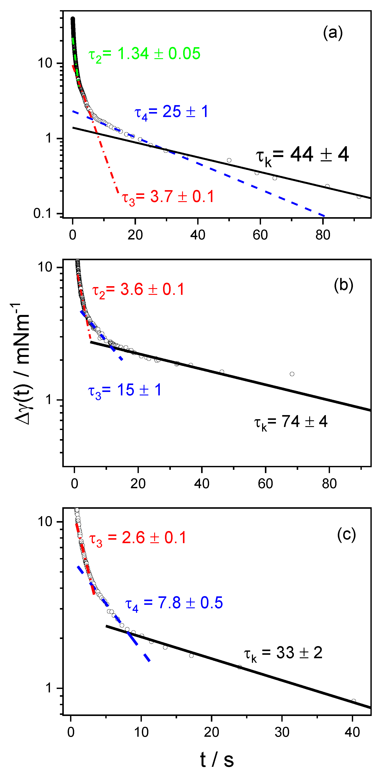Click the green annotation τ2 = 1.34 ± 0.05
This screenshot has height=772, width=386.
point(144,54)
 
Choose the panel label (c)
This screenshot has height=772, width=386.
point(346,535)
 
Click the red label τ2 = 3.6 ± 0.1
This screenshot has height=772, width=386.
point(138,290)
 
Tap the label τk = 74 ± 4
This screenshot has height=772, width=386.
point(291,422)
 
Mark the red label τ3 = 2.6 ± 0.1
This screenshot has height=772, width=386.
point(138,538)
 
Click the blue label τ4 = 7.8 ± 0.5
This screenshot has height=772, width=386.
point(174,603)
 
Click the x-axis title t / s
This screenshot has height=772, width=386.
point(217,760)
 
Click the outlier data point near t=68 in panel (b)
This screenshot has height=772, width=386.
point(292,374)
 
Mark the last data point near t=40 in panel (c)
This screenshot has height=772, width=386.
point(354,701)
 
